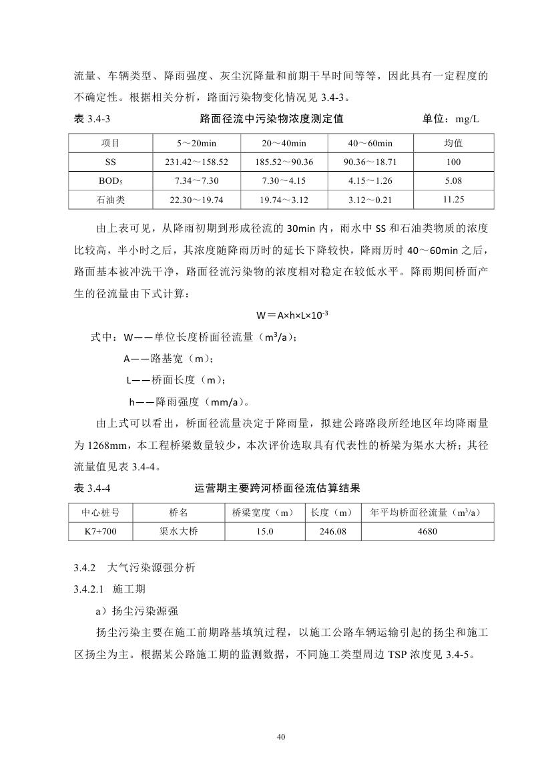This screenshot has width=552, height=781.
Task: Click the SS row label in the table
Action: tap(111, 162)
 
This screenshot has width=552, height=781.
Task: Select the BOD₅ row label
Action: tap(111, 181)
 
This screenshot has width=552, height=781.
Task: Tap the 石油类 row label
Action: tap(111, 200)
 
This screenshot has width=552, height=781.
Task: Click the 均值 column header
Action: tap(454, 144)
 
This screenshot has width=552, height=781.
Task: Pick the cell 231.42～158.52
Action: tap(196, 162)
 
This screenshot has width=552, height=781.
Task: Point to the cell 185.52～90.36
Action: tap(284, 162)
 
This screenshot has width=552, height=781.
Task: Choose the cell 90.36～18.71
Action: tap(370, 162)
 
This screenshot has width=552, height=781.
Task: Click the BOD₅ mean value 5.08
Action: tap(454, 181)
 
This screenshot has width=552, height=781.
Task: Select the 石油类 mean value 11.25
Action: tap(454, 199)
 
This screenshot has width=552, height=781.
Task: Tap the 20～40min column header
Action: tap(284, 144)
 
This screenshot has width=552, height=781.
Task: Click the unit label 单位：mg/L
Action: tap(451, 120)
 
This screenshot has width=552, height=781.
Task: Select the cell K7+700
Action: tap(101, 532)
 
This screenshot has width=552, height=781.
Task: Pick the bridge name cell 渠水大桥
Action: tap(178, 532)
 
